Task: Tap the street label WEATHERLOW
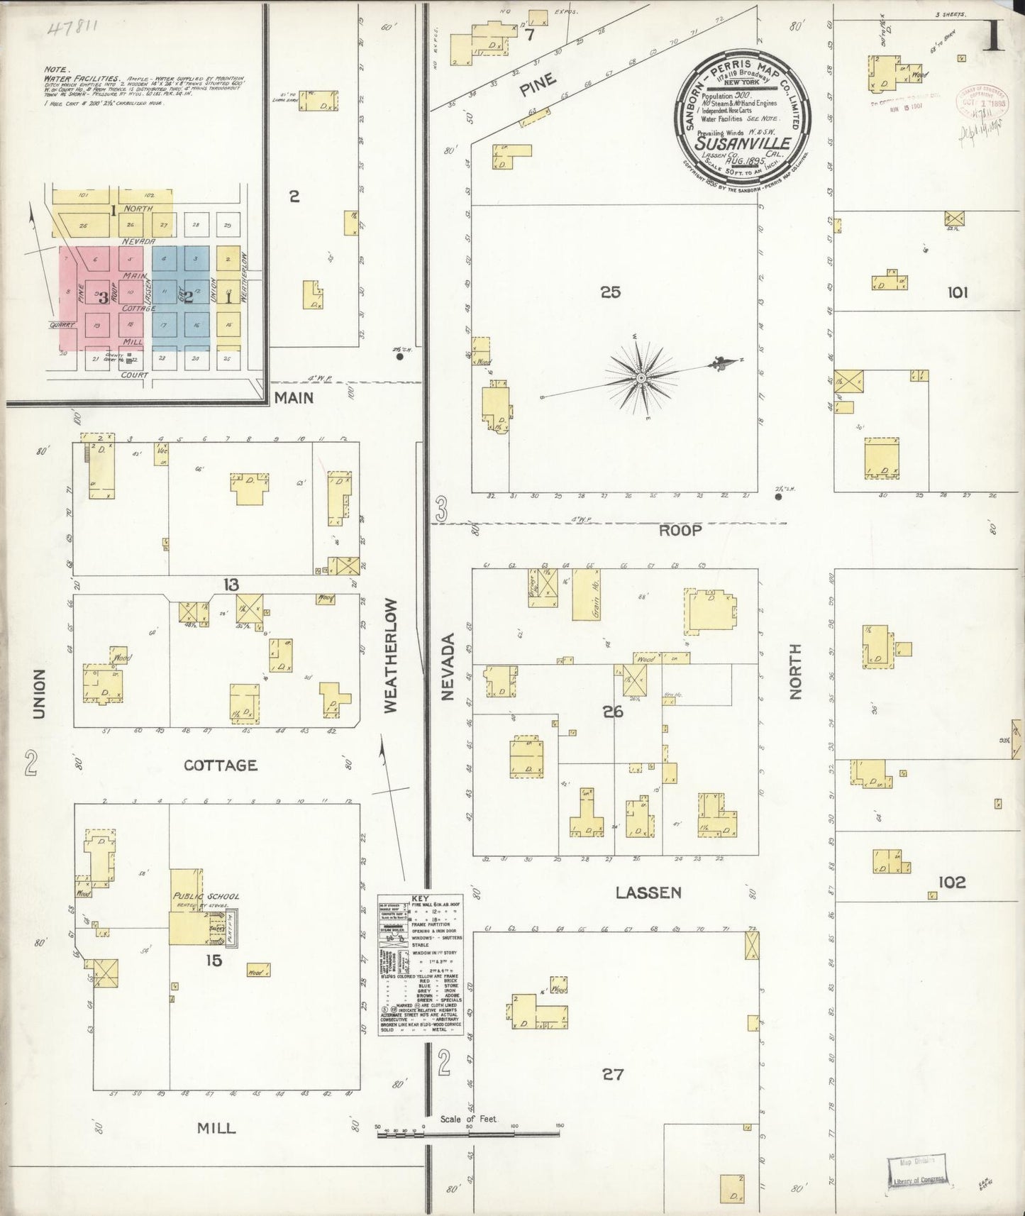coord(391,655)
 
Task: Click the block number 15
coord(214,961)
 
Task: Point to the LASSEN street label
coord(648,892)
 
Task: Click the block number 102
coord(951,883)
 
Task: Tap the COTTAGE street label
coord(220,765)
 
